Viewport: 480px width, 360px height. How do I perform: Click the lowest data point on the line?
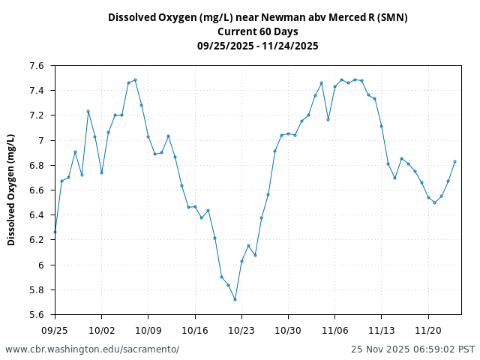235,299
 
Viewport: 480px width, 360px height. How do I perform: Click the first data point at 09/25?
55,232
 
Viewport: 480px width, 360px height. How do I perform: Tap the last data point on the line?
454,161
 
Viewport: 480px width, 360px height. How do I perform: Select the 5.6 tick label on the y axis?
37,315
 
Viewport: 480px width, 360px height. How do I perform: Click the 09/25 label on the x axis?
55,330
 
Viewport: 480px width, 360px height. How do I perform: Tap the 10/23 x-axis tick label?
241,330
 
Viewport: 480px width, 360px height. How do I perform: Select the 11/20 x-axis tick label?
428,330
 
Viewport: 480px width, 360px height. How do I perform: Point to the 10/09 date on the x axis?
148,330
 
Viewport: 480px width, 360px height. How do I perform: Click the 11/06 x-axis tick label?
334,330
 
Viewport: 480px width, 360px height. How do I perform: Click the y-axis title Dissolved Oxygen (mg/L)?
11,190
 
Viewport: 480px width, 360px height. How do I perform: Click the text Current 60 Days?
257,31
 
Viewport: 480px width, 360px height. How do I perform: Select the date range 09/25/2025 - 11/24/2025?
257,46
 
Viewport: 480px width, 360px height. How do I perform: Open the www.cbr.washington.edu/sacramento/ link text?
92,349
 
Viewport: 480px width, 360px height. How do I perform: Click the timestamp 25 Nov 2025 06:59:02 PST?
412,349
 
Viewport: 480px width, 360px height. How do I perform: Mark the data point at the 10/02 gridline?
101,172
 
